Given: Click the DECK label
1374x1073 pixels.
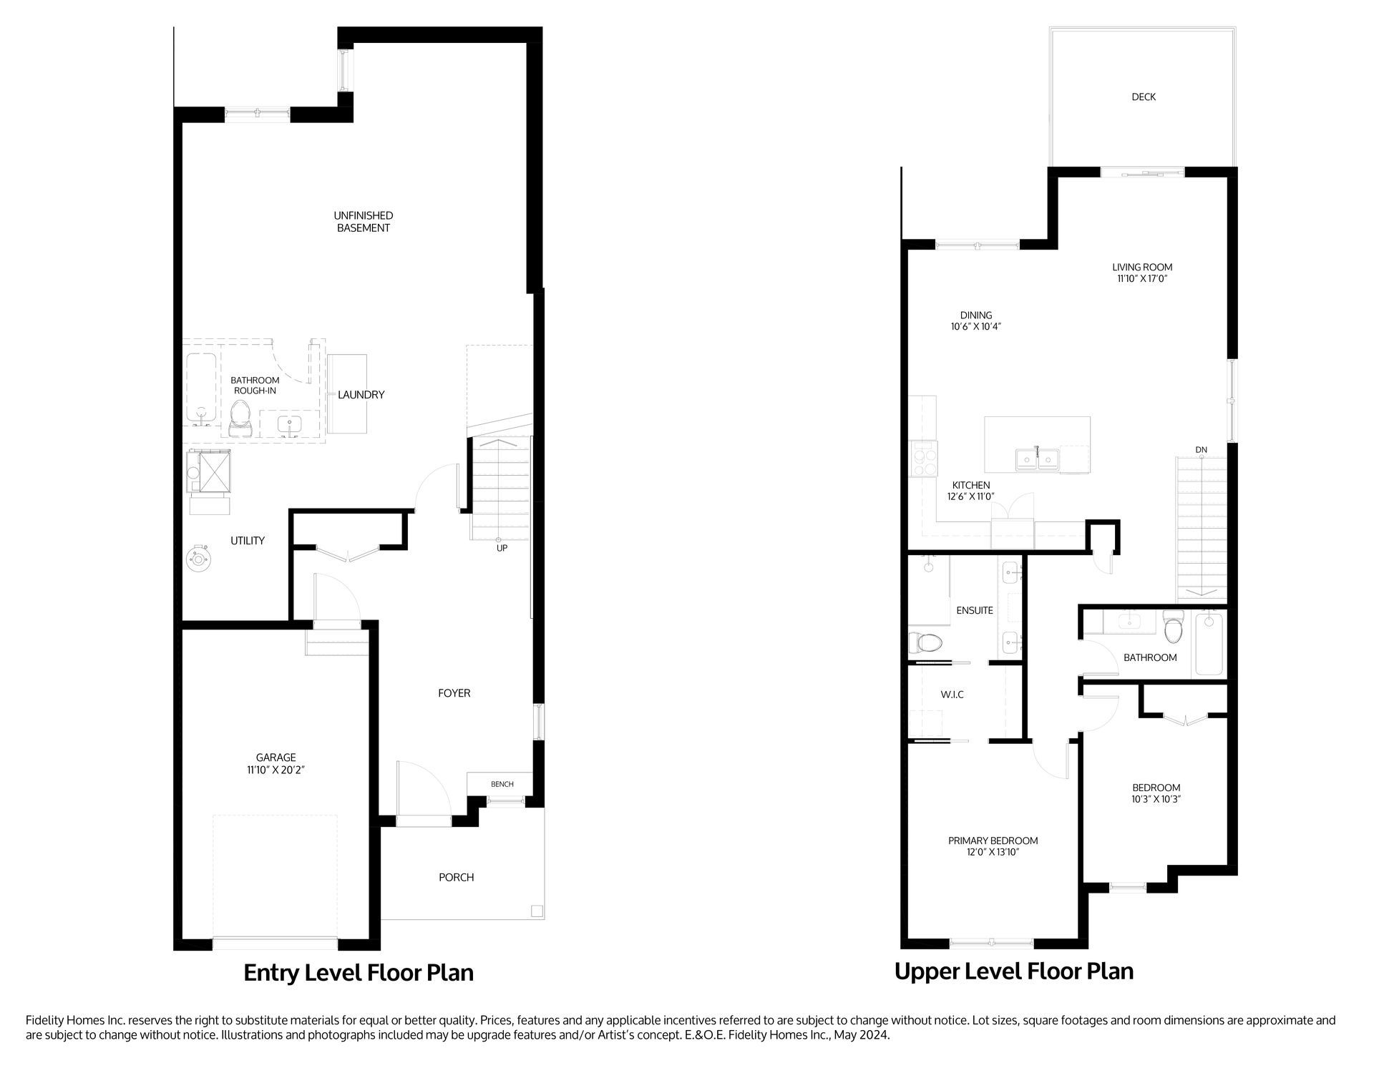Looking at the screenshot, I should coord(1143,97).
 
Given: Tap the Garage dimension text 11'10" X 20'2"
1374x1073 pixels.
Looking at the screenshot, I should coord(276,770).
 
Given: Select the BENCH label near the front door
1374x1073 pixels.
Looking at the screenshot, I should coord(502,784).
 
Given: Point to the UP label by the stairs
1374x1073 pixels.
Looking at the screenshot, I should coord(502,548).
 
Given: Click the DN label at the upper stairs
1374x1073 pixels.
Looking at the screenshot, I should coord(1201,450).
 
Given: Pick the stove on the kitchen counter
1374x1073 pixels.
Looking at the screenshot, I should coord(922,459).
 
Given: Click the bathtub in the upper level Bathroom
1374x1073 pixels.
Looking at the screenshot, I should coord(1209,644).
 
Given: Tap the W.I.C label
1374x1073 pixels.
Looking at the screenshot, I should coord(952,695).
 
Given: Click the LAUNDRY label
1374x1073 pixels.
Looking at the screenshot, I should coord(361,394).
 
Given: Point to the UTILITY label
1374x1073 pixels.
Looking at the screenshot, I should coord(248,541).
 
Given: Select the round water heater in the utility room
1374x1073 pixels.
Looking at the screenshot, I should coord(198,559).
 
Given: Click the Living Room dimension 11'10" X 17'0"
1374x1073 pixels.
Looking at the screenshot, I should coord(1142,279).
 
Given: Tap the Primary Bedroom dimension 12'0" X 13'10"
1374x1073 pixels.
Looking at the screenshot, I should coord(993,852).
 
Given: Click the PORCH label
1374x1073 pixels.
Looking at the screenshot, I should coord(457,877).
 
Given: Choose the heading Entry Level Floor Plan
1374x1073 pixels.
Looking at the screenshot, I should coord(359,973).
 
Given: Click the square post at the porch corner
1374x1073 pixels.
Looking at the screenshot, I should coord(537,911).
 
